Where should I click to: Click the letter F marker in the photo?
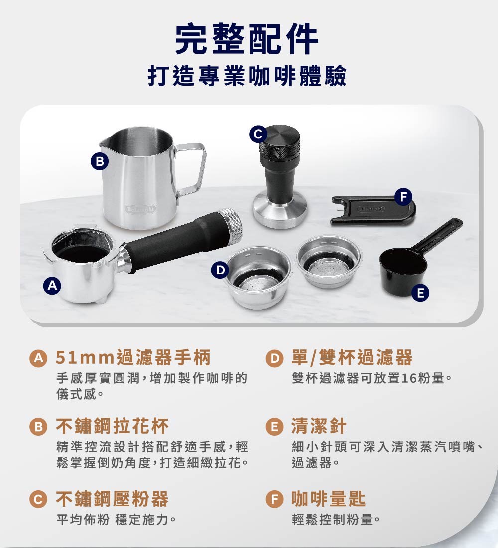[403, 196]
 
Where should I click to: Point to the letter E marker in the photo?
[420, 293]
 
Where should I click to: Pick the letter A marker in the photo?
[52, 285]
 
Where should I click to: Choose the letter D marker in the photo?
[218, 270]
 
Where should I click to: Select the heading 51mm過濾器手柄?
[133, 358]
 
